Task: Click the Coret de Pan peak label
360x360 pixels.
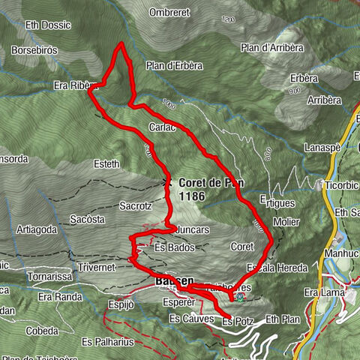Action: pos(211,182)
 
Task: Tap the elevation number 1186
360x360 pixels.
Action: pos(192,195)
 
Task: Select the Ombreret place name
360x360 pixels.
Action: pos(169,13)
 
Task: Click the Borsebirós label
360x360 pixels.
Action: pos(34,50)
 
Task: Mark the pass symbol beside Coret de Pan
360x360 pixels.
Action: pos(169,182)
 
